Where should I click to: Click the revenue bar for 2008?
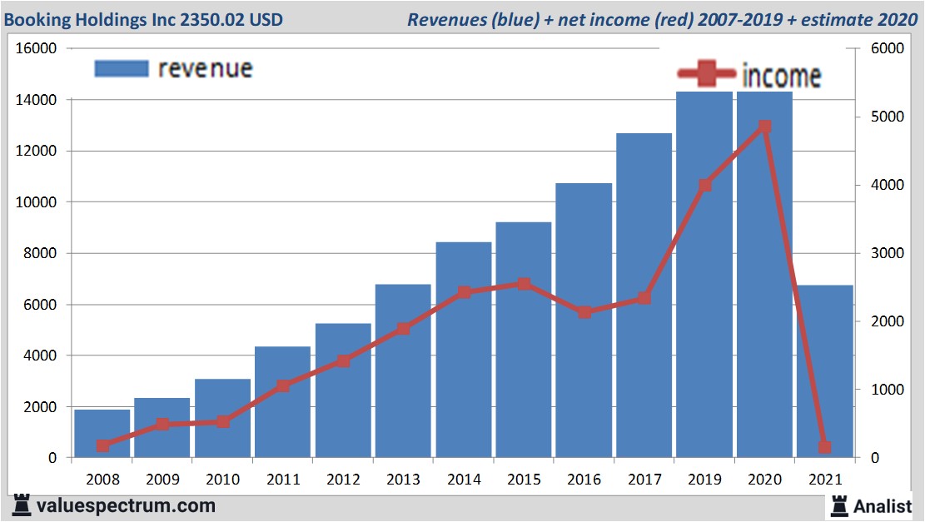coord(102,434)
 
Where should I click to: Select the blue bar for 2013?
coord(403,371)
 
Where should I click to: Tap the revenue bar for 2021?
coord(824,371)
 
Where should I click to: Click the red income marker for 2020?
coord(764,127)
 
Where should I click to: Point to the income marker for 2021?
coord(824,447)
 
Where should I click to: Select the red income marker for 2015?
coord(523,284)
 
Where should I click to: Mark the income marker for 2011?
coord(282,385)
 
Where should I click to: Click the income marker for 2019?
coord(704,185)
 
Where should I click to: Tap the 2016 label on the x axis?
coord(583,480)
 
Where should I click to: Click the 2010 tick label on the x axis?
coord(222,480)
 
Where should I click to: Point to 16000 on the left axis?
coord(37,48)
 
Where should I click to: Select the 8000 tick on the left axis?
coord(40,253)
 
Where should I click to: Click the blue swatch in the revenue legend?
coord(122,68)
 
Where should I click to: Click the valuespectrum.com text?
coord(125,505)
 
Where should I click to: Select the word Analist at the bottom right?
coord(883,505)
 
